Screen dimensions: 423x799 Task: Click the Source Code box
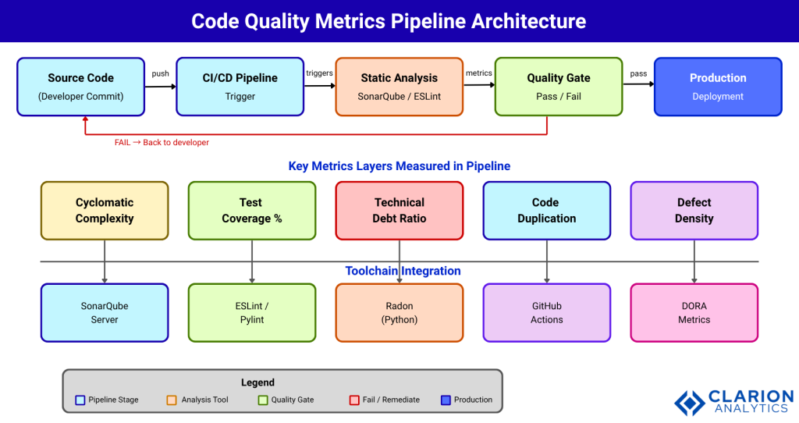tap(80, 87)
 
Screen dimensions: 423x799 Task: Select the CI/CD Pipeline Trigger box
tap(240, 87)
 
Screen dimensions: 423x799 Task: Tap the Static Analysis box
tap(399, 87)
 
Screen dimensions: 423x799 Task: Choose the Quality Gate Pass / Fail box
tap(558, 87)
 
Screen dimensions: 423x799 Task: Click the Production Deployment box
tap(717, 87)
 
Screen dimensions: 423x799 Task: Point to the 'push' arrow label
tap(160, 73)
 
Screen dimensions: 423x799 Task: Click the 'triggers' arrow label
tap(319, 73)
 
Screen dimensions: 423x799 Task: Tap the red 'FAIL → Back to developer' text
tap(162, 143)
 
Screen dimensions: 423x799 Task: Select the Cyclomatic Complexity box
tap(105, 211)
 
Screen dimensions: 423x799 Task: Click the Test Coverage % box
tap(252, 211)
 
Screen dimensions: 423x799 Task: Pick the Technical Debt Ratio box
tap(399, 211)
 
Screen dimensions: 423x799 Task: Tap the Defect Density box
tap(694, 211)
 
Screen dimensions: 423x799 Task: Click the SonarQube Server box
tap(105, 312)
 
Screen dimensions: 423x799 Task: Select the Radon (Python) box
tap(399, 312)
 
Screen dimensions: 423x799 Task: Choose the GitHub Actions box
tap(546, 312)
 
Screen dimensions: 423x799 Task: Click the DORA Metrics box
tap(694, 312)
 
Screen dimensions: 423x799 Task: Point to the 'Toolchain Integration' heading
tap(403, 272)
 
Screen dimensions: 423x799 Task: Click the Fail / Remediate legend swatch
tap(354, 400)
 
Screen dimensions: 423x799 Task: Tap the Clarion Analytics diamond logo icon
tap(689, 402)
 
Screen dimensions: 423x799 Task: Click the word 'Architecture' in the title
tap(528, 21)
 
